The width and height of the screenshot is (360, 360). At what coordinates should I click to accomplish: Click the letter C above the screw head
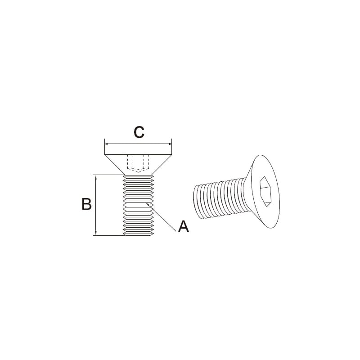coord(139,132)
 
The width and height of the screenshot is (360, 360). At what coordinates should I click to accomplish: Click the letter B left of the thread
coord(86,204)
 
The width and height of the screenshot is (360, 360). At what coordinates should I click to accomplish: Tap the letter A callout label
coord(184,227)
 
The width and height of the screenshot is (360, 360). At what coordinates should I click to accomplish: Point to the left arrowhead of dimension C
coord(106,144)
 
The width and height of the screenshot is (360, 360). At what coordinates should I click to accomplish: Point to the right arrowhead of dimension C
coord(170,144)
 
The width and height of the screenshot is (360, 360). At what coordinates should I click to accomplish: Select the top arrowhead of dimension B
coord(96,177)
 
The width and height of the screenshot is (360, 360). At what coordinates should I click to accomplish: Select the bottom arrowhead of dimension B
coord(96,234)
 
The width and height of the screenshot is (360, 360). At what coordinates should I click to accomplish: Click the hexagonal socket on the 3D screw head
coord(265,192)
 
